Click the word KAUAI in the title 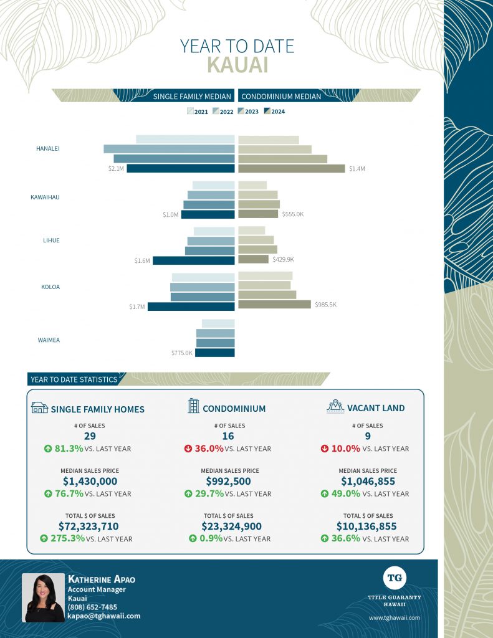point(237,65)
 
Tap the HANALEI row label point(48,148)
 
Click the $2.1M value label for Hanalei point(117,169)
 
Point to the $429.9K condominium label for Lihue point(283,259)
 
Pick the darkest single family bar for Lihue point(193,260)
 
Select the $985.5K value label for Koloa point(325,305)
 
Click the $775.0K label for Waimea point(183,353)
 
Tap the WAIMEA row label point(49,340)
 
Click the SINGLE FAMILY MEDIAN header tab point(192,97)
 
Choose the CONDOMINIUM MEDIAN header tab point(281,97)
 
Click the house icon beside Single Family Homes point(39,407)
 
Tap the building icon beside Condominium point(193,406)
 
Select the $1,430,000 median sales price point(90,481)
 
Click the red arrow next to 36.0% point(189,449)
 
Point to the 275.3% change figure point(68,538)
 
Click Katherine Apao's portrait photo point(43,598)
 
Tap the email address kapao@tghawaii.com point(103,616)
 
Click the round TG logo point(395,578)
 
